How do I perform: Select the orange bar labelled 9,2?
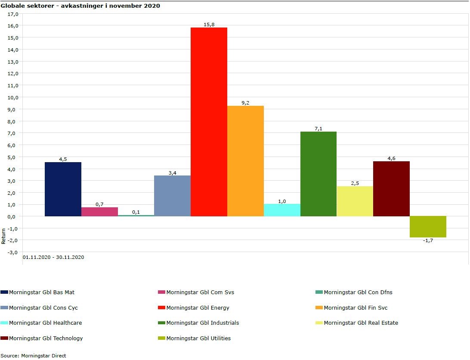click(245, 161)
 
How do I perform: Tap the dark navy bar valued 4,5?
click(63, 189)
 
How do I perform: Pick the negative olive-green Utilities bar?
click(428, 227)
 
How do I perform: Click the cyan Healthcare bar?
click(282, 210)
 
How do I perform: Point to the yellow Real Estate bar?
click(355, 201)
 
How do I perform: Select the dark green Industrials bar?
click(318, 174)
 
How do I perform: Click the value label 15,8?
click(209, 25)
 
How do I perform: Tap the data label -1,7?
click(428, 240)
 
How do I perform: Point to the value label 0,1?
click(136, 212)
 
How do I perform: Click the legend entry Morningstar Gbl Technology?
click(46, 338)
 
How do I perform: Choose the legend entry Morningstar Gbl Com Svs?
click(200, 292)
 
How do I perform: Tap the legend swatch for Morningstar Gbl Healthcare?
click(4, 323)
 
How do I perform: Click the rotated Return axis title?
click(4, 236)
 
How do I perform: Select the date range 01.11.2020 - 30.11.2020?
click(53, 257)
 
